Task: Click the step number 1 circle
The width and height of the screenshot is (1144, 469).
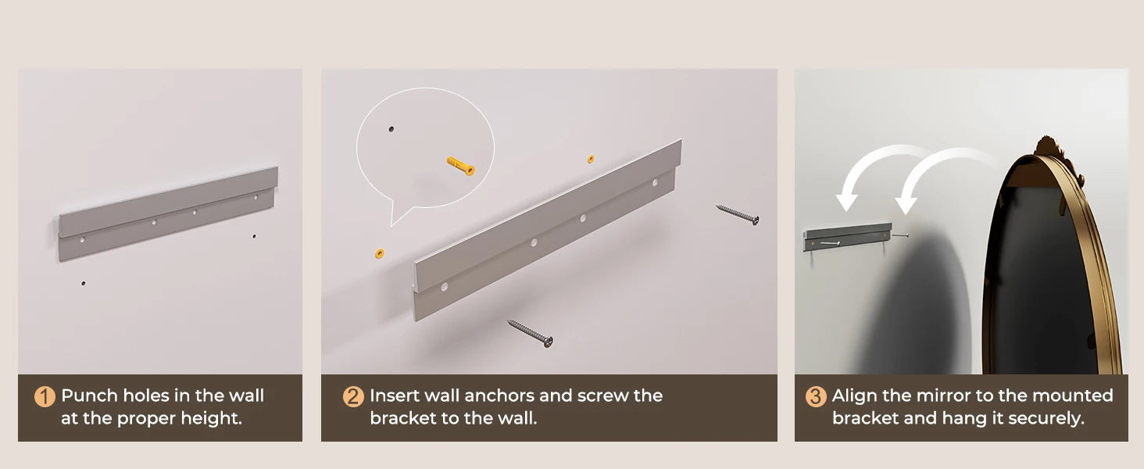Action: point(45,396)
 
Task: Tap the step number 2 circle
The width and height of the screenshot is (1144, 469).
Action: point(353,396)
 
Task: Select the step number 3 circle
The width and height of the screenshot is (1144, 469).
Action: point(816,396)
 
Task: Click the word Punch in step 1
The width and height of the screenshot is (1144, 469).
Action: point(90,396)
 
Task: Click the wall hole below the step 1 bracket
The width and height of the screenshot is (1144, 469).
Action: point(84,283)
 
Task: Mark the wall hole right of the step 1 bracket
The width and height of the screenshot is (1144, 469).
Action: point(254,236)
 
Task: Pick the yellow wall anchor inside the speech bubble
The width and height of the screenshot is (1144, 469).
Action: point(461,166)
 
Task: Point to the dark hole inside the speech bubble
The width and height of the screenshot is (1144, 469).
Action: point(391,129)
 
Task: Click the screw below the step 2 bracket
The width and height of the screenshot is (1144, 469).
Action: point(530,333)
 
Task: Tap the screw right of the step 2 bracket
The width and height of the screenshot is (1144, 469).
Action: point(738,215)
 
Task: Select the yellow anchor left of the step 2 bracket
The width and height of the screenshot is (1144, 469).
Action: point(380,253)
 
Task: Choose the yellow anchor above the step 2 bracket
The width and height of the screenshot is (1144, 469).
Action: point(591,159)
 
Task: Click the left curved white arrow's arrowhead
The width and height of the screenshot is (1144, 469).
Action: point(846,202)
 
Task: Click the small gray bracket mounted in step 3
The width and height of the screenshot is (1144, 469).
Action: point(848,237)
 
